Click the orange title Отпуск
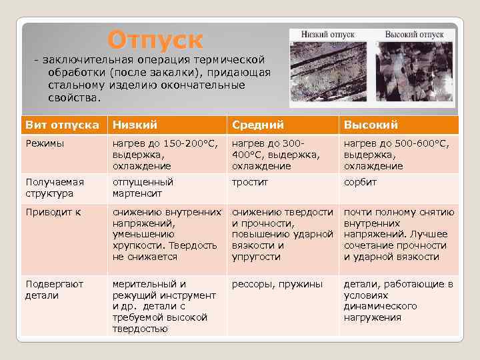[x=155, y=40]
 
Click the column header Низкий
[x=135, y=125]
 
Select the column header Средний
[x=258, y=125]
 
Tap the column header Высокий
[x=371, y=125]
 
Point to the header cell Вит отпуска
[x=63, y=125]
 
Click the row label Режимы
[x=45, y=143]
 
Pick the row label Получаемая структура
[x=55, y=187]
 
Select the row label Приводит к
[x=53, y=212]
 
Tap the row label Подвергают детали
[x=55, y=289]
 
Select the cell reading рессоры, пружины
[x=277, y=285]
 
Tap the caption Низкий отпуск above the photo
[x=328, y=35]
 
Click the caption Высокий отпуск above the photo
[x=414, y=35]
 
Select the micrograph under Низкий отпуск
[x=328, y=72]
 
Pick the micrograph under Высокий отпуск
[x=414, y=72]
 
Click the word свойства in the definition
[x=75, y=98]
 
